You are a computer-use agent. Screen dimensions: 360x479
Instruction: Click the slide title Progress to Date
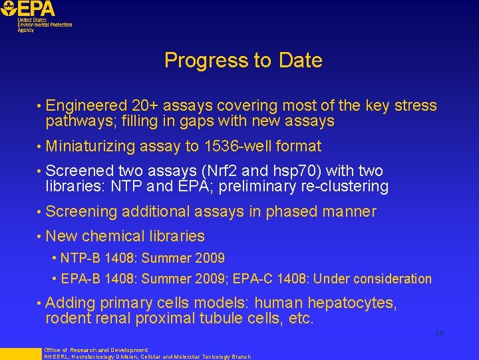[243, 61]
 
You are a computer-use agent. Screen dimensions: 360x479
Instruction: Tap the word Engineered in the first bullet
[86, 105]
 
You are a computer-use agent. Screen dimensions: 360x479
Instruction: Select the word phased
[291, 212]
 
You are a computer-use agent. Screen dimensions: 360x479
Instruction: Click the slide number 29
[439, 333]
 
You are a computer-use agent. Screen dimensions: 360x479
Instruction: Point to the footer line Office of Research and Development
[96, 350]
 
